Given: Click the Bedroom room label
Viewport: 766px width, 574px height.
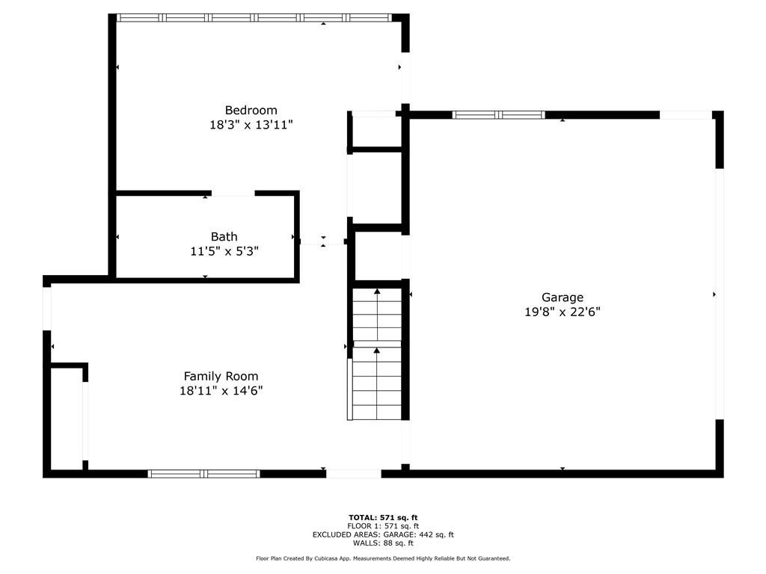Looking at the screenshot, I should click(x=251, y=110).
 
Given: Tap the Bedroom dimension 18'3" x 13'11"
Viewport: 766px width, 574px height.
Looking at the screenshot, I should click(x=251, y=126).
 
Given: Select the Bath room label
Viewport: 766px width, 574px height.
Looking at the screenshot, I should click(x=224, y=237).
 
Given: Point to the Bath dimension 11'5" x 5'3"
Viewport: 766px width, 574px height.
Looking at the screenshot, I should click(x=224, y=252).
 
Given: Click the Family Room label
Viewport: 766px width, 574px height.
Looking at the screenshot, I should click(x=221, y=376).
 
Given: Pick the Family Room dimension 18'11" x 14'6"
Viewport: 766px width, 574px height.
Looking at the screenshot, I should click(x=221, y=391).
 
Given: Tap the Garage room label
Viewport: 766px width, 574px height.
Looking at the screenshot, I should click(x=563, y=297).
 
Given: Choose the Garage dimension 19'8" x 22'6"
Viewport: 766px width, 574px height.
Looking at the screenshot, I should click(x=563, y=312).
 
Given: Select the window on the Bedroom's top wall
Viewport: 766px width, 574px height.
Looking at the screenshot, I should click(x=254, y=17).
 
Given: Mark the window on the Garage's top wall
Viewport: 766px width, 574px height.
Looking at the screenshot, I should click(x=499, y=114).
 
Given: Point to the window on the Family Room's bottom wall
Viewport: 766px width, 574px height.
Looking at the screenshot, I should click(x=203, y=473).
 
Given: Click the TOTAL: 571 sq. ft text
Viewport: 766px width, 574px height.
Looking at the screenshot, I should click(x=383, y=517).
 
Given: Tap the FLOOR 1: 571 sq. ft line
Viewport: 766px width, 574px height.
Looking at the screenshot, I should click(x=383, y=526).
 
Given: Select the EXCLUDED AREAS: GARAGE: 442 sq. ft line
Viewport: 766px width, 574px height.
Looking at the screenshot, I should click(x=383, y=534).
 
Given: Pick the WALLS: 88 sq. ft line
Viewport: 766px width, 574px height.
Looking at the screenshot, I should click(x=383, y=543).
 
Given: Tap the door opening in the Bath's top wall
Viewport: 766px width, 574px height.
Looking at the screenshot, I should click(x=233, y=194).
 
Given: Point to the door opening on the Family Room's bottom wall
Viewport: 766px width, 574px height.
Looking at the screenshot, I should click(x=354, y=473).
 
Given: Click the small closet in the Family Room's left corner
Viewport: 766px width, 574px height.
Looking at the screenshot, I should click(x=66, y=419).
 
